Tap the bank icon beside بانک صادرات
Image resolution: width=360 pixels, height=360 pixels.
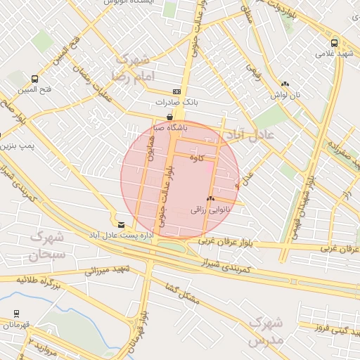pyautogui.click(x=176, y=92)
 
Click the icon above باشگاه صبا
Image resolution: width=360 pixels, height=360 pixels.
pyautogui.click(x=169, y=117)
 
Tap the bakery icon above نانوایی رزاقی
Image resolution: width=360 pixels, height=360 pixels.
pyautogui.click(x=210, y=200)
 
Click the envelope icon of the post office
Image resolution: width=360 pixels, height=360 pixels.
pyautogui.click(x=121, y=224)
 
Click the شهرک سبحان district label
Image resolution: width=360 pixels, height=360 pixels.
pyautogui.click(x=47, y=245)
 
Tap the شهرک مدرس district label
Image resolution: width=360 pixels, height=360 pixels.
pyautogui.click(x=265, y=331)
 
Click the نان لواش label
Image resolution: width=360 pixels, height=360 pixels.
pyautogui.click(x=287, y=94)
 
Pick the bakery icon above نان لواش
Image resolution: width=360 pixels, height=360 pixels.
pyautogui.click(x=285, y=83)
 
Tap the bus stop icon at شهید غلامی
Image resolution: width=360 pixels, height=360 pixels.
pyautogui.click(x=334, y=42)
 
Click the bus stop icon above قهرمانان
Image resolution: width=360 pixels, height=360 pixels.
pyautogui.click(x=16, y=314)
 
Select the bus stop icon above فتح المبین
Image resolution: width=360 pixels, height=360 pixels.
pyautogui.click(x=34, y=79)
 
